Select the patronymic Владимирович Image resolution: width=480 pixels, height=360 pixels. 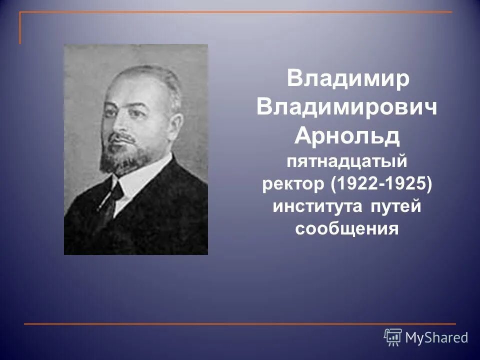pos(347,108)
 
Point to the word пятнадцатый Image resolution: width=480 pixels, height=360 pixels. pos(347,161)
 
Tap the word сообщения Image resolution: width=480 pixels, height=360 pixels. pos(347,229)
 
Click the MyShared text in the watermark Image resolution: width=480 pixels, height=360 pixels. pos(436,337)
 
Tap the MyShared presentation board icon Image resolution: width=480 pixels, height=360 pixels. pos(393,337)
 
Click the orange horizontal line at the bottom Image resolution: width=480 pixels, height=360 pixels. pos(240,324)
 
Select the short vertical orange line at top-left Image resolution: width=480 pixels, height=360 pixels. pos(20,28)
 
